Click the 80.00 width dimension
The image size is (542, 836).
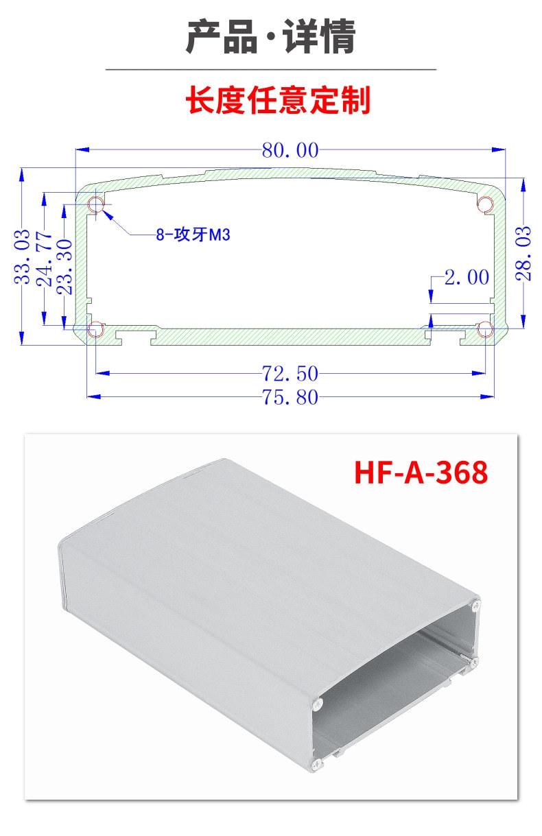pos(290,150)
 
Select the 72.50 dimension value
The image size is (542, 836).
pos(290,373)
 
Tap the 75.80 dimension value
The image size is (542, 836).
pos(290,396)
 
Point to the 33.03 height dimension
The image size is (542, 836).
pos(22,256)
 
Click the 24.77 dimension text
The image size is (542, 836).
pos(44,259)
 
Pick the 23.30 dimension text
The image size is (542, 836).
pos(64,267)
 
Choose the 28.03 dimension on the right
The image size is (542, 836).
pos(523,253)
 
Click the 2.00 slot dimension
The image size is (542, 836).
pos(467,277)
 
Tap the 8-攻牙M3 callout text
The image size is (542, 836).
pos(193,235)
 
